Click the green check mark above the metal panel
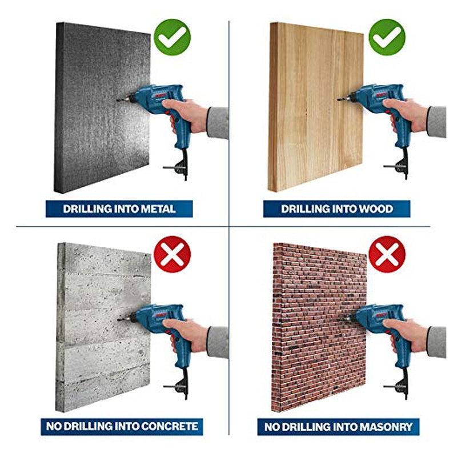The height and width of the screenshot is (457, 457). click(173, 37)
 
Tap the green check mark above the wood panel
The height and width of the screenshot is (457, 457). click(387, 37)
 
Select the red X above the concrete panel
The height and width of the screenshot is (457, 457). click(173, 254)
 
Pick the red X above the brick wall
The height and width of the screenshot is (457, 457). click(387, 254)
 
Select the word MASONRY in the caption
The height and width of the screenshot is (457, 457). click(386, 427)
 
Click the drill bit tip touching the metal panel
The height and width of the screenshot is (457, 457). click(117, 101)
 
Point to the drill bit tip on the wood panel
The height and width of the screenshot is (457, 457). click(338, 99)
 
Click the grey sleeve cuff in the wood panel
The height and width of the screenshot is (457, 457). click(436, 122)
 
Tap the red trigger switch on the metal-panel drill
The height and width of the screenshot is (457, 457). click(167, 113)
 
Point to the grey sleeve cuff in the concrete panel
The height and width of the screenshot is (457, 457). click(217, 342)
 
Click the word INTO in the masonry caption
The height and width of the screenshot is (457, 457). click(344, 427)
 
